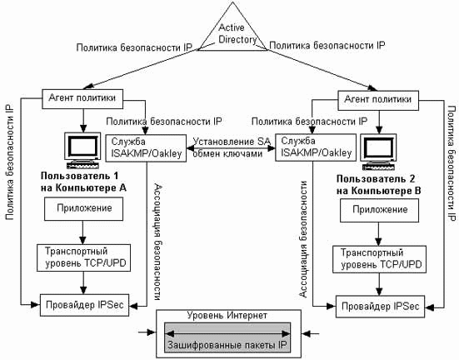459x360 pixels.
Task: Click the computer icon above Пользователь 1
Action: coord(83,151)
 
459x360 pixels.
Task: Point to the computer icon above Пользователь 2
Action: coord(379,152)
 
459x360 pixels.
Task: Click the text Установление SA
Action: coord(232,142)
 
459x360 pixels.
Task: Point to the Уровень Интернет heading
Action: coord(227,316)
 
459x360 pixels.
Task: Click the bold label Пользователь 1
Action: coord(80,176)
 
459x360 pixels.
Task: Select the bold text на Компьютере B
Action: coord(378,191)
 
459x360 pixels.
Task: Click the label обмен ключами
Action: coord(227,153)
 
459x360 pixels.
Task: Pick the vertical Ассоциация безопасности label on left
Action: coord(158,242)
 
